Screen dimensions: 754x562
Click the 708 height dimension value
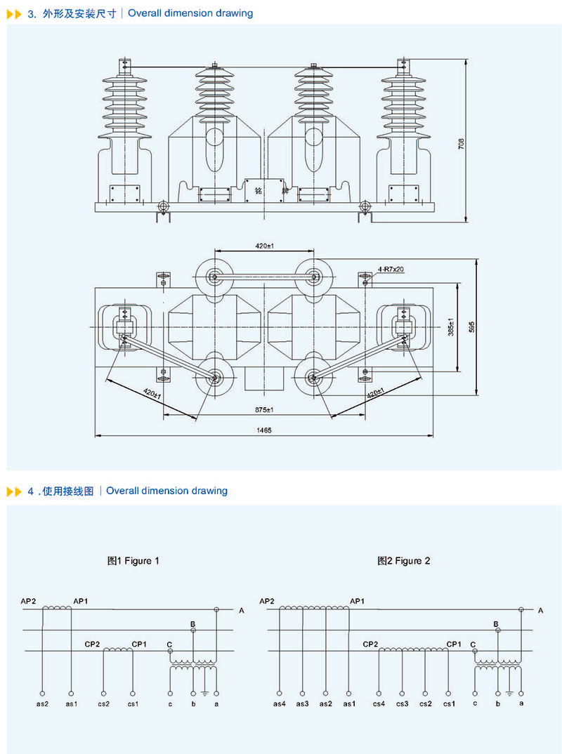461,144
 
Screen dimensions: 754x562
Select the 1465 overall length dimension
264,430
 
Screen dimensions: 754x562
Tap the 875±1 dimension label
264,409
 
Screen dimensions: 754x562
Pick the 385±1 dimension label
452,327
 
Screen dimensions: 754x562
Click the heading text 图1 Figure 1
133,561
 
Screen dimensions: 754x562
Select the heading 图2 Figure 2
403,561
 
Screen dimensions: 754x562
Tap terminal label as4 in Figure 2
280,703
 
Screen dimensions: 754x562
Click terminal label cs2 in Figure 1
103,703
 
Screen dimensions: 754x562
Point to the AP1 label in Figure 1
81,602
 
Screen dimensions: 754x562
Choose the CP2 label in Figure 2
371,644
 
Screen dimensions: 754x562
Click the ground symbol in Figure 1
204,694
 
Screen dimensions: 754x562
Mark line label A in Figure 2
540,611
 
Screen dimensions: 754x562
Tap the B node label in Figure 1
192,623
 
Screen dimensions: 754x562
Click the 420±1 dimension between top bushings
264,246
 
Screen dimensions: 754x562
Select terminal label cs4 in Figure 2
379,703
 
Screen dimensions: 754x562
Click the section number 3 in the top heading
31,13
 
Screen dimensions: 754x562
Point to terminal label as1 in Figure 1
71,703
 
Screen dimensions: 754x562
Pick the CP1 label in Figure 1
139,644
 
